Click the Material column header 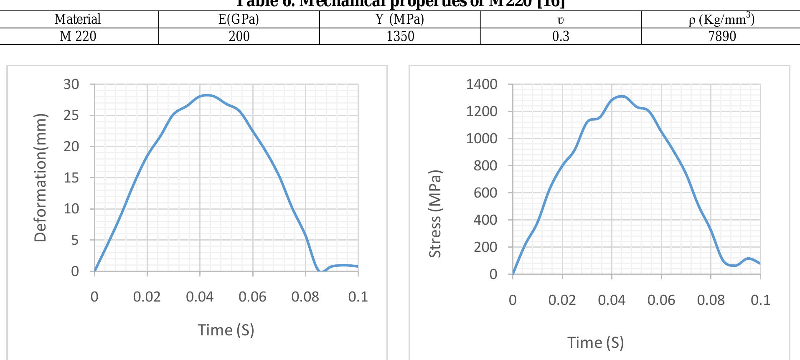78,19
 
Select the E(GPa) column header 239,19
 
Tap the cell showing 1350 400,36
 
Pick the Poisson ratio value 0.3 561,36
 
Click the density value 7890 722,36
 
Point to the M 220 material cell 78,36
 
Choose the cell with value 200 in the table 239,36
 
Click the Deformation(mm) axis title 40,177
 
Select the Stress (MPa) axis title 435,213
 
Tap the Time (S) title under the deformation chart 226,330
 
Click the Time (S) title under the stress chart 595,342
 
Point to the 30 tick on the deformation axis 71,84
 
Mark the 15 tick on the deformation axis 71,178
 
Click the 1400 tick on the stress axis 482,84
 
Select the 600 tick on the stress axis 485,193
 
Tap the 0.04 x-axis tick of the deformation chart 200,297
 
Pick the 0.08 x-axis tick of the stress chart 711,300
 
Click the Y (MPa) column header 400,19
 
